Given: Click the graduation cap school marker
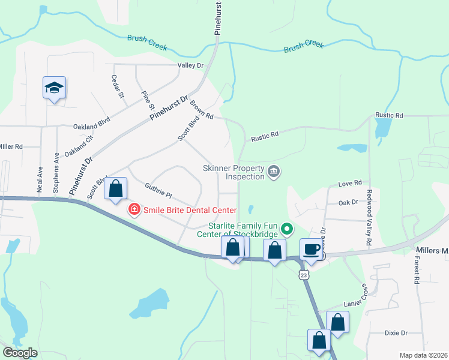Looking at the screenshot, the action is [x=54, y=88].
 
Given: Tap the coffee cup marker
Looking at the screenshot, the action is [x=311, y=248].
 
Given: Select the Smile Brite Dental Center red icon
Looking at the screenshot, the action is [x=133, y=210].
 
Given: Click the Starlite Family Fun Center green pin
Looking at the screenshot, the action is [x=287, y=228].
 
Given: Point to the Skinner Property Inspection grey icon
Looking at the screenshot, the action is [x=274, y=172].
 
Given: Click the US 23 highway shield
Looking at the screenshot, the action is [x=304, y=275].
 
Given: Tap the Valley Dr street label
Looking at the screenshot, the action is [x=190, y=65].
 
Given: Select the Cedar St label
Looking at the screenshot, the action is [x=118, y=87].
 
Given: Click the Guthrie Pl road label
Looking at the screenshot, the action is [x=158, y=191].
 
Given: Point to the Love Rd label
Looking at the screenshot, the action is [x=350, y=182].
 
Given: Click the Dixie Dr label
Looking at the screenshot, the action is [x=396, y=332].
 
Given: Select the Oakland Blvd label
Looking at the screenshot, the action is [x=92, y=126].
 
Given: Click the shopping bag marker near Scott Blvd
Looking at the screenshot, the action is [x=116, y=188].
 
